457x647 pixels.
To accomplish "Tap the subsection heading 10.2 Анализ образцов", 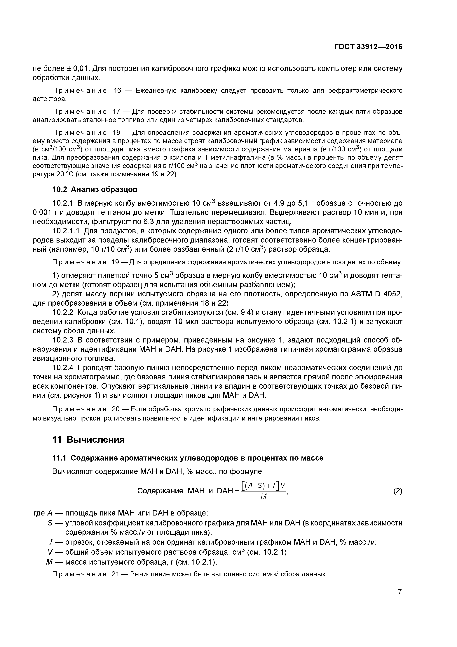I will [x=95, y=190].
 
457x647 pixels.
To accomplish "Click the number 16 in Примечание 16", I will [x=117, y=91].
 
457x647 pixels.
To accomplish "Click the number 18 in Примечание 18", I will [x=117, y=133].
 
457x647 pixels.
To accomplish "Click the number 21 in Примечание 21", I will [x=117, y=574].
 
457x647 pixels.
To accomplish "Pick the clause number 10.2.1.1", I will [x=67, y=231].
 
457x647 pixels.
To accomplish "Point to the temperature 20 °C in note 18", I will [x=65, y=174].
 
